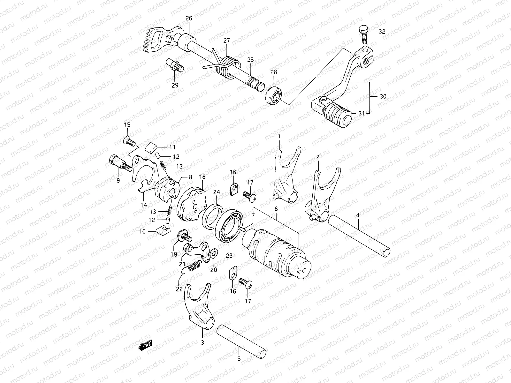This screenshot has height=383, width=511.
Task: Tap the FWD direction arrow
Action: pyautogui.click(x=145, y=346)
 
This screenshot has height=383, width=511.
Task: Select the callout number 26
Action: pyautogui.click(x=189, y=19)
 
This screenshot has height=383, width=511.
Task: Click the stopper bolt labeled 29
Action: pyautogui.click(x=177, y=65)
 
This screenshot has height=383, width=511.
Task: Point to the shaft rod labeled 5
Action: pyautogui.click(x=241, y=341)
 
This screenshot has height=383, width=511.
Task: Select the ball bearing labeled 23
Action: pyautogui.click(x=230, y=228)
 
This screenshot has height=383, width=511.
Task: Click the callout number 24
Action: pyautogui.click(x=217, y=192)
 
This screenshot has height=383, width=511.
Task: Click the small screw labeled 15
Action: pyautogui.click(x=129, y=141)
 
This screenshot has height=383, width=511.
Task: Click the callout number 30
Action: pyautogui.click(x=383, y=96)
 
